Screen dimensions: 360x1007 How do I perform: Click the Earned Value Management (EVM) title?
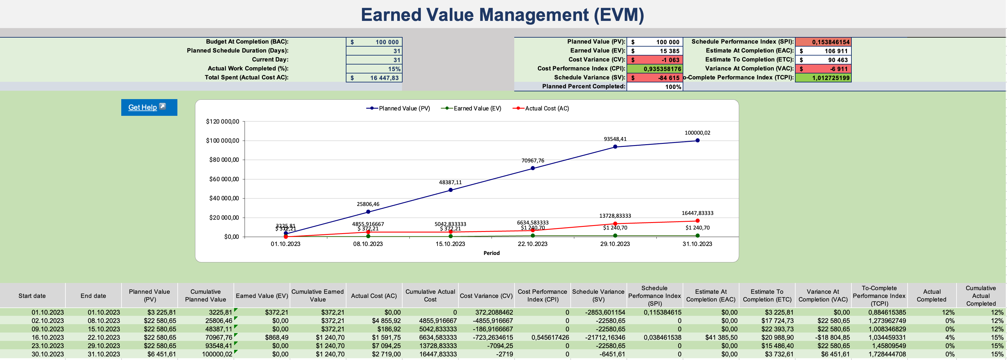[502, 15]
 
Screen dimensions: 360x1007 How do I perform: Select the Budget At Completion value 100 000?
[374, 42]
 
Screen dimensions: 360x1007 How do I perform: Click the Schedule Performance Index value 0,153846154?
[824, 42]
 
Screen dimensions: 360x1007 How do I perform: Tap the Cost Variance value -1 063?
[655, 60]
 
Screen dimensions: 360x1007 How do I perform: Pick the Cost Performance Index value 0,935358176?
[655, 69]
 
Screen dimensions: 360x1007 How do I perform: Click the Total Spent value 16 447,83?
[374, 78]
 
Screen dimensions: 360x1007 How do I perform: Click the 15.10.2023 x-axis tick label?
[450, 244]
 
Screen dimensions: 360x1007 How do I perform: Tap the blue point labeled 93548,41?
[615, 147]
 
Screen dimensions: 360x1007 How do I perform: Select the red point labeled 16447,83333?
[697, 221]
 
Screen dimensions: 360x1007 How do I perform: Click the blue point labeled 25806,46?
[368, 212]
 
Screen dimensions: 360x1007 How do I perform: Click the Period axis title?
[491, 253]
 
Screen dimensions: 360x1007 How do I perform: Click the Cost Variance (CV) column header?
[486, 296]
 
